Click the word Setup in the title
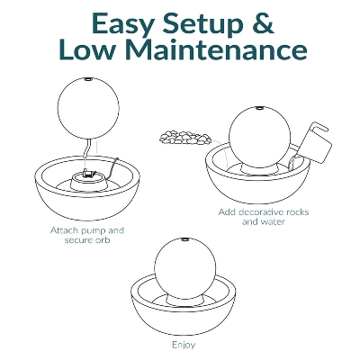pyautogui.click(x=202, y=24)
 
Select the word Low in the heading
pyautogui.click(x=87, y=49)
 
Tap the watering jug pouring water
pyautogui.click(x=312, y=144)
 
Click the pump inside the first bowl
pyautogui.click(x=89, y=173)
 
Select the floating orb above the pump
pyautogui.click(x=88, y=107)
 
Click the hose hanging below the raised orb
pyautogui.click(x=87, y=148)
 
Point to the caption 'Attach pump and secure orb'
pyautogui.click(x=87, y=235)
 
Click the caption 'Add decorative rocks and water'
pyautogui.click(x=264, y=217)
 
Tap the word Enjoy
pyautogui.click(x=184, y=345)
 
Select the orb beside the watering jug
pyautogui.click(x=260, y=137)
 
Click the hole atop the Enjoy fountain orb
pyautogui.click(x=184, y=239)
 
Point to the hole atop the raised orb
pyautogui.click(x=88, y=79)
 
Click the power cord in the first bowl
pyautogui.click(x=112, y=168)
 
